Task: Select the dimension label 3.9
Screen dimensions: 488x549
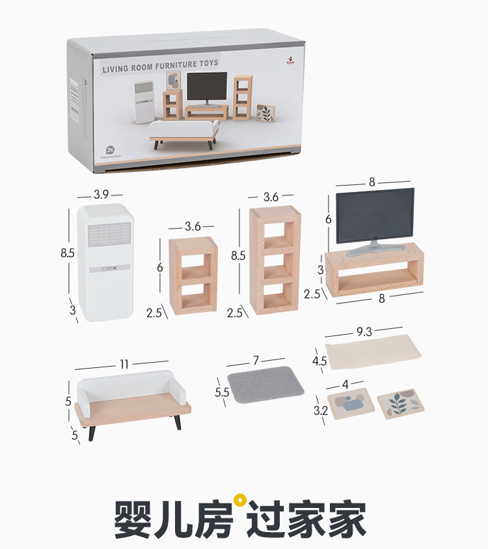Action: coord(101,194)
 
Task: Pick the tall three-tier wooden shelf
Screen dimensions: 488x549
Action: coord(275,259)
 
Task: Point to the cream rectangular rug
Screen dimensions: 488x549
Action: coord(373,352)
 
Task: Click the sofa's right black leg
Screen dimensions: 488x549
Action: coord(177,421)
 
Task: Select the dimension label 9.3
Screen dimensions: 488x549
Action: coord(364,332)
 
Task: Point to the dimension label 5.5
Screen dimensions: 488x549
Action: coord(222,393)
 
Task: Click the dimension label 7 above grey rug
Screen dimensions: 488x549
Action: coord(256,360)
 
